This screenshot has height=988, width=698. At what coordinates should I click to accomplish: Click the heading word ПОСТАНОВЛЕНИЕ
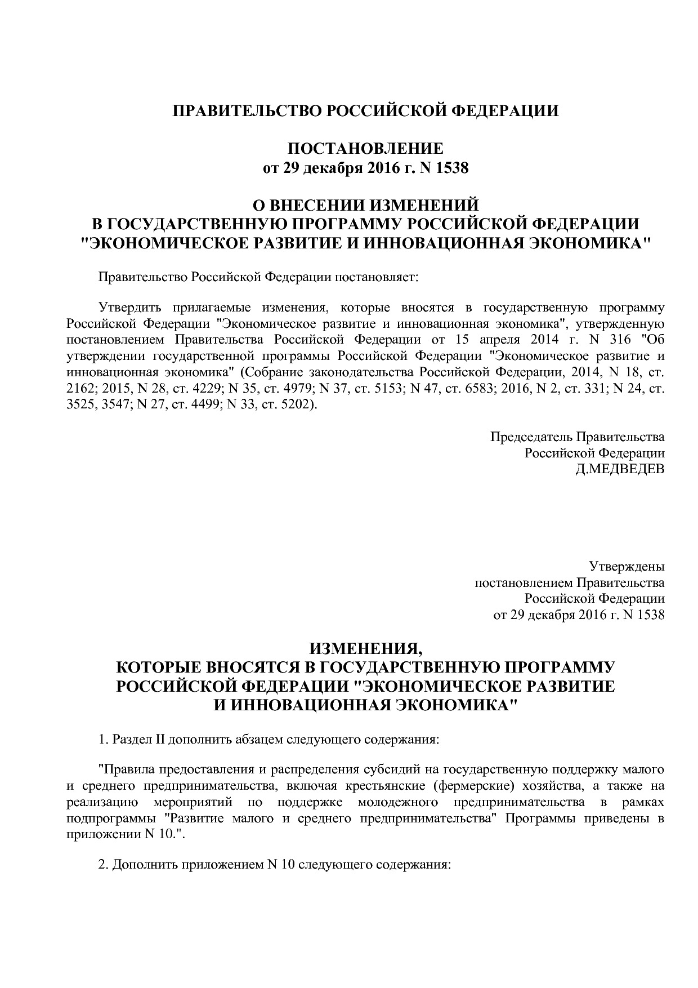pyautogui.click(x=365, y=149)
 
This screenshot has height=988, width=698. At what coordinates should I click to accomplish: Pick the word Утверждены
pyautogui.click(x=626, y=566)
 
